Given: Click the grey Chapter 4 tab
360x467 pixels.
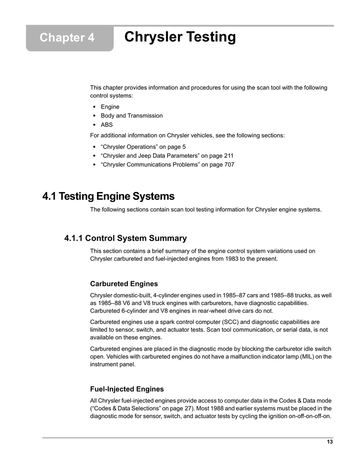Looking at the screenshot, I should [x=69, y=38].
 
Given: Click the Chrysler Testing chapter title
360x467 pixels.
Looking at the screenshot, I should [x=180, y=37].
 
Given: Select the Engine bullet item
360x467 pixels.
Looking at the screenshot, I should [x=110, y=107].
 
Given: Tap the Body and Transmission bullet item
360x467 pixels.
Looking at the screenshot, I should [x=131, y=116].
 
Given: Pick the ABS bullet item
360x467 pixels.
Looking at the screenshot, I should [x=107, y=125].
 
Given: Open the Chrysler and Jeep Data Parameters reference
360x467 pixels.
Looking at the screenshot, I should [x=167, y=156].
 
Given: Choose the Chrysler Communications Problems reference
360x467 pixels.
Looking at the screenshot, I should [x=167, y=165].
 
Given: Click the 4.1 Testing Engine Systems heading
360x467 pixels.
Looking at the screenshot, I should [x=108, y=197].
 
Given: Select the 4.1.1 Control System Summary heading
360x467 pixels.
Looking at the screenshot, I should [x=125, y=238].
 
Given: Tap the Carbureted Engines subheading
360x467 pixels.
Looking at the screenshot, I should [x=124, y=284].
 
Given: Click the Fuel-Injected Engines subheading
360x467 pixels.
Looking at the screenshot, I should [x=127, y=389].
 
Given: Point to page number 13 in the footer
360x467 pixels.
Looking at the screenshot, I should [x=329, y=442].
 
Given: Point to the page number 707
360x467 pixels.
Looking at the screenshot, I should [x=229, y=165].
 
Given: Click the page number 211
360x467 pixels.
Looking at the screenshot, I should [x=228, y=156].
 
